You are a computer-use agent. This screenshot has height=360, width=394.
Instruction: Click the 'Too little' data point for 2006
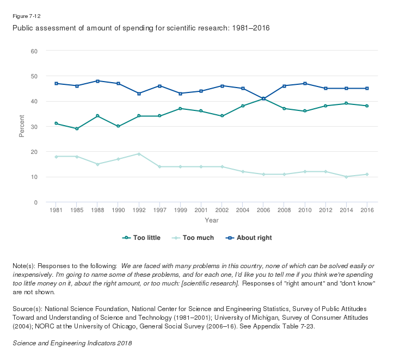263,98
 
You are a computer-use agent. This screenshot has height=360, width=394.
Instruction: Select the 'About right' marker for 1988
97,81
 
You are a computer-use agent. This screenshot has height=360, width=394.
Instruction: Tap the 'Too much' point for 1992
139,154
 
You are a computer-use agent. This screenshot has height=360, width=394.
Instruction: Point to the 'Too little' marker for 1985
77,129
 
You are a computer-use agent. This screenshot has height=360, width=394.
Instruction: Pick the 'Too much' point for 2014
346,177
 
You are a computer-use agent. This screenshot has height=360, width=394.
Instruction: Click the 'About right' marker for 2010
305,83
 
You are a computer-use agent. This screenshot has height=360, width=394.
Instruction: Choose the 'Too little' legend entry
142,238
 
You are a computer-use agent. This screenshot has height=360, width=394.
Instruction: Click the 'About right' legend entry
250,238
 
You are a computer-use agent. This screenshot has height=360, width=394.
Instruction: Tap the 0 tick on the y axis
35,202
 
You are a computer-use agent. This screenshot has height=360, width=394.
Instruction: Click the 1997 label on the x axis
159,210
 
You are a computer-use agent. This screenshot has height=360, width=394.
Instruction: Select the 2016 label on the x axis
367,210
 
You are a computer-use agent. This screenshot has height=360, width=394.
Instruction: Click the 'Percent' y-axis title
22,126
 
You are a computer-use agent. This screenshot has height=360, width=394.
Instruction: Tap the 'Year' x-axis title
212,220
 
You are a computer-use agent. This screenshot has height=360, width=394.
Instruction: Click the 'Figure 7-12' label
26,16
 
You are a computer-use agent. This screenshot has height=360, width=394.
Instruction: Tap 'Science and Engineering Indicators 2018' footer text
72,343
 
